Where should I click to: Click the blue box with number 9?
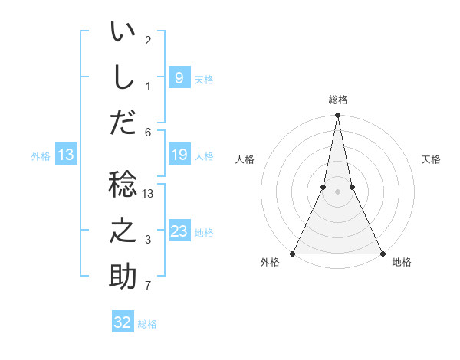[x=179, y=77]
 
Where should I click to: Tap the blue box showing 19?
[x=179, y=155]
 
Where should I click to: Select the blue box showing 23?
[x=179, y=231]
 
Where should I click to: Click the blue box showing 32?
[x=123, y=322]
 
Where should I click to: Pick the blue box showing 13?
[x=66, y=155]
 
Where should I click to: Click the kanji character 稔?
[x=123, y=185]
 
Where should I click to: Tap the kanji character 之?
[x=123, y=231]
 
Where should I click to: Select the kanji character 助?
[x=123, y=277]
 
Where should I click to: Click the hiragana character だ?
[x=123, y=123]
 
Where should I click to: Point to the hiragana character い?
[x=123, y=33]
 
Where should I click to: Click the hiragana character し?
[x=123, y=77]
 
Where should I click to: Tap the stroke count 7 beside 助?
[x=148, y=286]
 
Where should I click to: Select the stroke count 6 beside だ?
[x=148, y=133]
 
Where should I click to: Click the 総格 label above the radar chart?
[x=337, y=100]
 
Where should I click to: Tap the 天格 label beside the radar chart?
[x=432, y=159]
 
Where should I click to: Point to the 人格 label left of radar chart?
[x=245, y=159]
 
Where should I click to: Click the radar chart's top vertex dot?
[x=337, y=116]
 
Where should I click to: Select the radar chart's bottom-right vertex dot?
[x=382, y=254]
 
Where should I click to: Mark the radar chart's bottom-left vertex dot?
[x=293, y=254]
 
